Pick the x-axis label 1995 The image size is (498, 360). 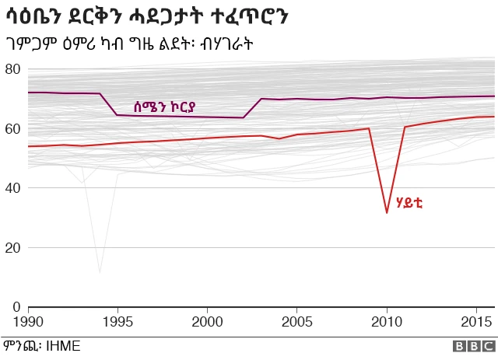(x=117, y=321)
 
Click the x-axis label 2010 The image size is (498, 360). (x=387, y=321)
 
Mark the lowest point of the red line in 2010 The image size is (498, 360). (x=387, y=212)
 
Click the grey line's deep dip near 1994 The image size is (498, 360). (x=100, y=272)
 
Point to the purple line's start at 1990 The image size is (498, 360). (x=28, y=93)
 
